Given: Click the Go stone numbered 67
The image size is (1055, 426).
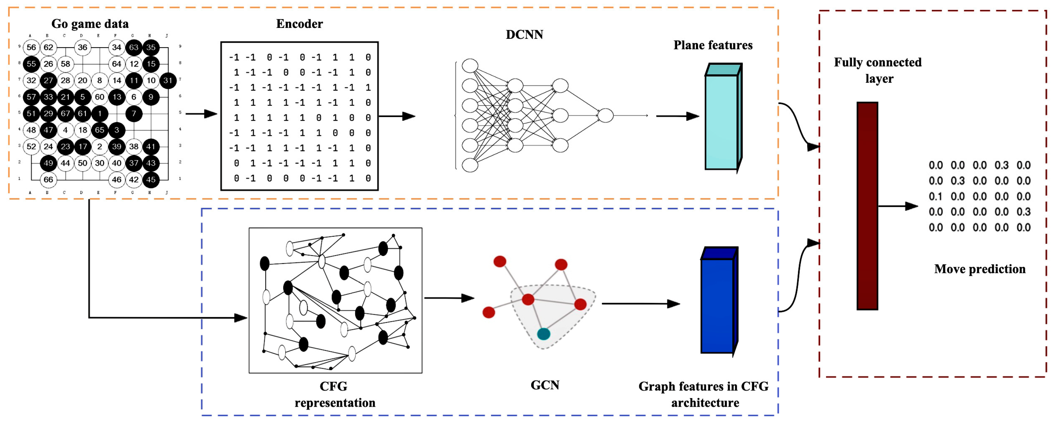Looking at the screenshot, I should (x=65, y=114).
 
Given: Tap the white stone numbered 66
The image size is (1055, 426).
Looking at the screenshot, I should (x=48, y=179).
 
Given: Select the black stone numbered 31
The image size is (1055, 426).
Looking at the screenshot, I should (x=168, y=80).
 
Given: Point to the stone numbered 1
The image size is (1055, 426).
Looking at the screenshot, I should (x=99, y=114).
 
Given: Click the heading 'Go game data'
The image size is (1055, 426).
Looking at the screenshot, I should (x=90, y=24).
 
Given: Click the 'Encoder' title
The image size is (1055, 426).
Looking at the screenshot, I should (x=299, y=24).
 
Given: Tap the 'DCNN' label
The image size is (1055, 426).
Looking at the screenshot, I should (x=524, y=34).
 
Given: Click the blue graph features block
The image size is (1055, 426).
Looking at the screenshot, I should (x=717, y=305).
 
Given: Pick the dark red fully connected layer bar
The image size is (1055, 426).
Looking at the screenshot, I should (x=867, y=206).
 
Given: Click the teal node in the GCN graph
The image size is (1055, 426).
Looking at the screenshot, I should (x=543, y=334).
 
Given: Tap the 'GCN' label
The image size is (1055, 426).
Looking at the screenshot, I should (x=545, y=385).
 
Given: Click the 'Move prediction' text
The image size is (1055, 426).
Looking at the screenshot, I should (x=980, y=269).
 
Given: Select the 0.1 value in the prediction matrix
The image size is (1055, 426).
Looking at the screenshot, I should (x=935, y=197).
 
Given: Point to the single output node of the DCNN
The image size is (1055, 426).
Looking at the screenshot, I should (x=605, y=115).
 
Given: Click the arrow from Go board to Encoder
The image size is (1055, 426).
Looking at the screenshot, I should (x=201, y=114).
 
